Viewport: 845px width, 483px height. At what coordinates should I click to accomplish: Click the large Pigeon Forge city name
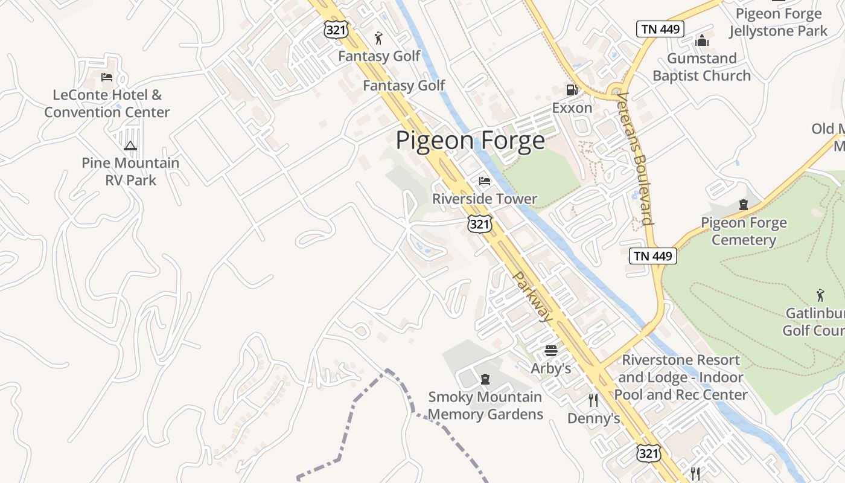click(x=470, y=141)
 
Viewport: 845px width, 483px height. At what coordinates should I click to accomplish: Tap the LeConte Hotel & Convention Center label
click(x=107, y=103)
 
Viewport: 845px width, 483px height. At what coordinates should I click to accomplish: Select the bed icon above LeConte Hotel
click(x=107, y=77)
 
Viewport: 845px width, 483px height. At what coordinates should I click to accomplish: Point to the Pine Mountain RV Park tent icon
click(x=130, y=146)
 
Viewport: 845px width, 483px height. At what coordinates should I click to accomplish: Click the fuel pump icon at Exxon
click(x=572, y=90)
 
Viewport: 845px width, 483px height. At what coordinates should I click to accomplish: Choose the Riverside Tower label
click(x=485, y=199)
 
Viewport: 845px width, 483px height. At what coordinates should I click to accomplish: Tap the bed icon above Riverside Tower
click(x=484, y=181)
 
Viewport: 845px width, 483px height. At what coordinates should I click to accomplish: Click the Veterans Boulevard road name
click(x=636, y=158)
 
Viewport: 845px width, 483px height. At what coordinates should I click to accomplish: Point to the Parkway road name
click(x=532, y=296)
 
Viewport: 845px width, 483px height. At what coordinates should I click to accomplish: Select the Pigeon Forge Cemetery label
click(x=744, y=231)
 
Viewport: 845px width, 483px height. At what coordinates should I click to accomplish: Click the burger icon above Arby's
click(x=550, y=350)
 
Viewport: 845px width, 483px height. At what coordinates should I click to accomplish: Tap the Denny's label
click(x=594, y=418)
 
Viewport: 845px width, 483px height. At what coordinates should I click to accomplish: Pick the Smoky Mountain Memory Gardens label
click(x=485, y=406)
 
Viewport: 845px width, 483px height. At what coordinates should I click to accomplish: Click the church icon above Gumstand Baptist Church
click(x=701, y=40)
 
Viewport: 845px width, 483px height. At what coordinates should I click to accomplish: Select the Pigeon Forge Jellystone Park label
click(x=778, y=22)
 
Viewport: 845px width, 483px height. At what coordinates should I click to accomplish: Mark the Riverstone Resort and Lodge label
click(x=681, y=377)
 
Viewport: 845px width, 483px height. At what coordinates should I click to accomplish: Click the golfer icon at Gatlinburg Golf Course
click(x=820, y=295)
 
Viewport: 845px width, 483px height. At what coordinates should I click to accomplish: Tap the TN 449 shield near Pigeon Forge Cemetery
click(x=653, y=256)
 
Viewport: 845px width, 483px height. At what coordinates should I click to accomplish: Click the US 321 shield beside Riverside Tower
click(x=479, y=224)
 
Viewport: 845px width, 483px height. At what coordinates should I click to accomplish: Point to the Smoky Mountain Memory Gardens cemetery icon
click(x=484, y=379)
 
